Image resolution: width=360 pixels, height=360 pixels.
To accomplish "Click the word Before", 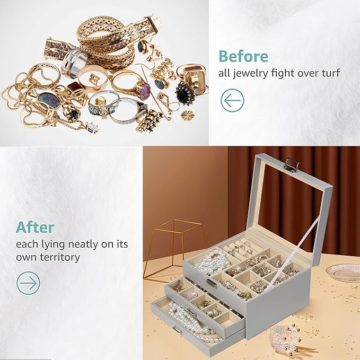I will pyautogui.click(x=243, y=56).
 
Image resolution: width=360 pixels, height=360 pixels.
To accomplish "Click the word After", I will pyautogui.click(x=35, y=227).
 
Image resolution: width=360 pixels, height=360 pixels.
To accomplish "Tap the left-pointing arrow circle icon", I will pyautogui.click(x=232, y=100).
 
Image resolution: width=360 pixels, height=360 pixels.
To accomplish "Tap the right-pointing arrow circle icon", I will pyautogui.click(x=29, y=283).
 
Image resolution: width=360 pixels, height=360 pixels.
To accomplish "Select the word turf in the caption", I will pyautogui.click(x=329, y=73).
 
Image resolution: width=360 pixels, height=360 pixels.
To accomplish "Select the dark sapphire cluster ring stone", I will pyautogui.click(x=185, y=96).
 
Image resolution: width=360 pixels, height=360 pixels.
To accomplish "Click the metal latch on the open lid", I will pyautogui.click(x=291, y=164).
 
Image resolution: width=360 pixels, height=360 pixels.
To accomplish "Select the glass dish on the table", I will pyautogui.click(x=343, y=273).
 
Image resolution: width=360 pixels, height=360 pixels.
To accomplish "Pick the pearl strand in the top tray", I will pyautogui.click(x=209, y=260).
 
